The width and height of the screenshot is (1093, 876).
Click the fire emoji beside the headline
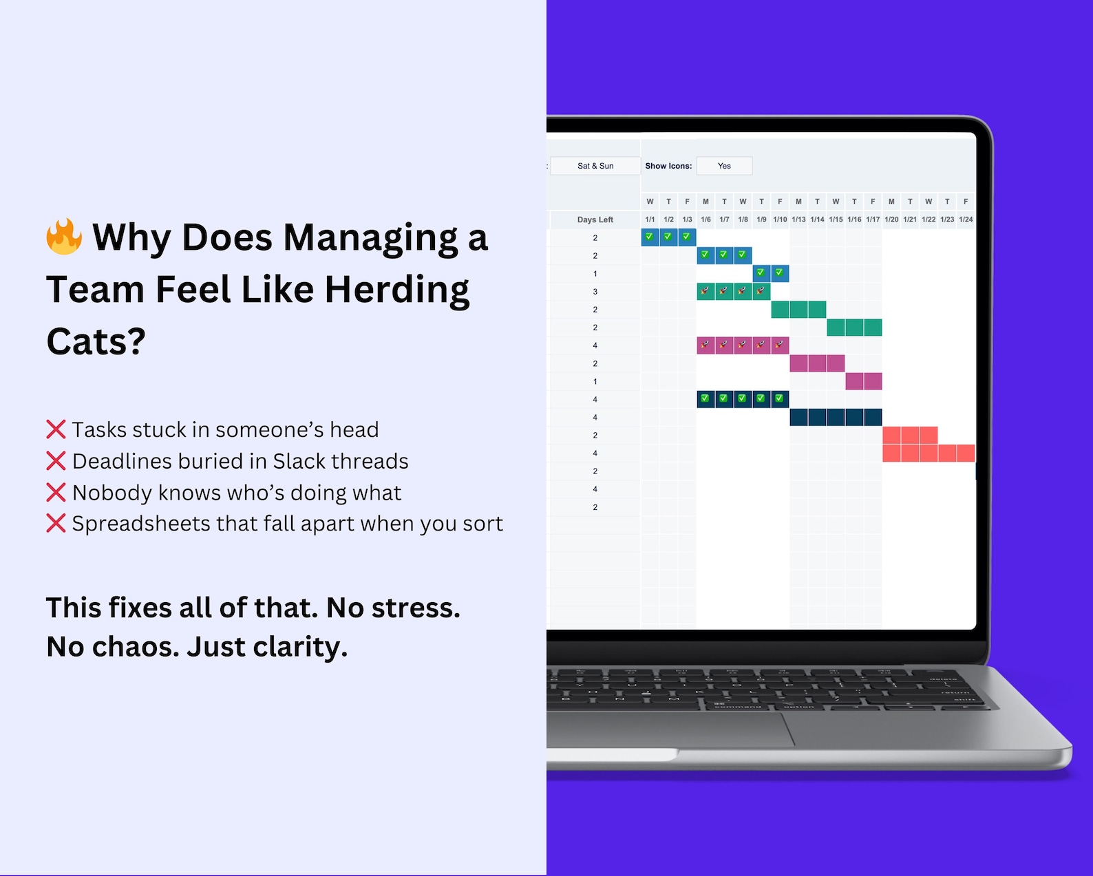(64, 237)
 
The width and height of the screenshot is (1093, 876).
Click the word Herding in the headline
(397, 290)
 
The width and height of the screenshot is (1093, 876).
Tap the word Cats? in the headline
(96, 341)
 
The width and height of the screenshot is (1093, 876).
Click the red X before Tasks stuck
(56, 429)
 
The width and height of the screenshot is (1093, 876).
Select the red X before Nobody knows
(56, 493)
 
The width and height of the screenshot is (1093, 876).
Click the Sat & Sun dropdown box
(595, 166)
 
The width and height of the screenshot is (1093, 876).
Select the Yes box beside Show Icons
(724, 166)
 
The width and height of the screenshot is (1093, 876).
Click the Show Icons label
(668, 166)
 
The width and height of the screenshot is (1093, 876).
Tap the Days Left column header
(595, 220)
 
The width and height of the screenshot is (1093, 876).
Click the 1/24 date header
(966, 220)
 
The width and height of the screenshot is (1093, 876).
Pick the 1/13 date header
(798, 220)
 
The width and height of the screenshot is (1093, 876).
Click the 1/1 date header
(650, 220)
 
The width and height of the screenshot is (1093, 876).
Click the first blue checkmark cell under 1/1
(650, 237)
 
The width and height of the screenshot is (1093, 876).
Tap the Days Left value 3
(595, 292)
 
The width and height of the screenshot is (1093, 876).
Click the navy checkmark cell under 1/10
(779, 399)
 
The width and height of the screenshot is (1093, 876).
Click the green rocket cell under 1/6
(705, 292)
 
